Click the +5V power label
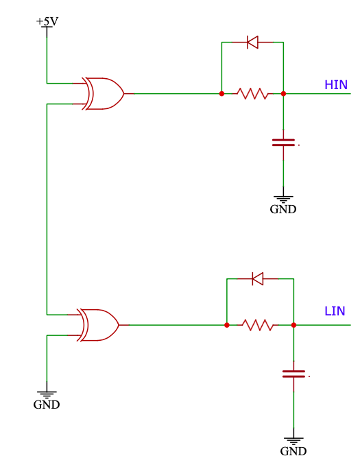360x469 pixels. click(47, 21)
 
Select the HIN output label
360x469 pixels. click(336, 85)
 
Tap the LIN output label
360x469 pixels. click(335, 311)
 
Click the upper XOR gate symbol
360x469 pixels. click(103, 94)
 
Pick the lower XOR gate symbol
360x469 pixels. click(98, 325)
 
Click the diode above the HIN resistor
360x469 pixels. click(252, 43)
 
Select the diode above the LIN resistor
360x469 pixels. click(257, 279)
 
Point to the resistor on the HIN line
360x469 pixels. click(252, 94)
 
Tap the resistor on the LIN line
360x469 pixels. click(258, 325)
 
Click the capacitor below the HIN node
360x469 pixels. click(283, 143)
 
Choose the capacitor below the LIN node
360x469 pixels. click(293, 374)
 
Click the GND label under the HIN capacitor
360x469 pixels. click(283, 209)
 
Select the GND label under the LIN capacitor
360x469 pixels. click(293, 451)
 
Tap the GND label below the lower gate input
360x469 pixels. click(47, 405)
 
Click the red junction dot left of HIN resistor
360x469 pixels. click(221, 94)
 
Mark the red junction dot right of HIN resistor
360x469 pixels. click(283, 94)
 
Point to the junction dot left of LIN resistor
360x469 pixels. click(227, 325)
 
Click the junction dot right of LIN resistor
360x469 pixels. click(293, 325)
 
